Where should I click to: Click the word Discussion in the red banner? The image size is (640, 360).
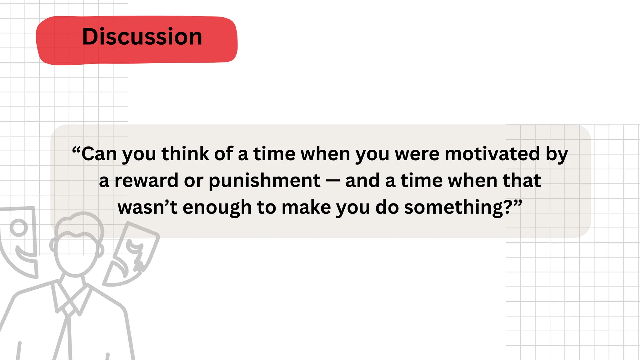142,37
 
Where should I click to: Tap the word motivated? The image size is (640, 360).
492,154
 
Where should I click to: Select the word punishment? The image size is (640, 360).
264,181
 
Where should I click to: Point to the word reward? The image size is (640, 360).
146,181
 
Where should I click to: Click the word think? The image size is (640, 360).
185,154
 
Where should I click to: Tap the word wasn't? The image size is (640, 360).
147,207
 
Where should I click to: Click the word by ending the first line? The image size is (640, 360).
557,154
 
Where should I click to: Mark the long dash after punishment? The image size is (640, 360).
333,181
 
